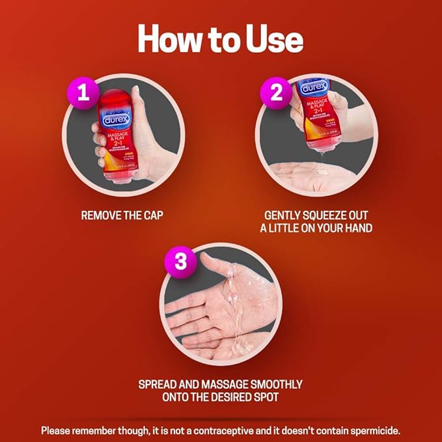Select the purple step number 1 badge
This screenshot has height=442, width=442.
click(83, 92)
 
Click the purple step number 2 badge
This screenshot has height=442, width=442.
click(276, 92)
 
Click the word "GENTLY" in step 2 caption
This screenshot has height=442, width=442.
click(286, 214)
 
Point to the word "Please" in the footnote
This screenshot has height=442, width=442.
click(58, 430)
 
